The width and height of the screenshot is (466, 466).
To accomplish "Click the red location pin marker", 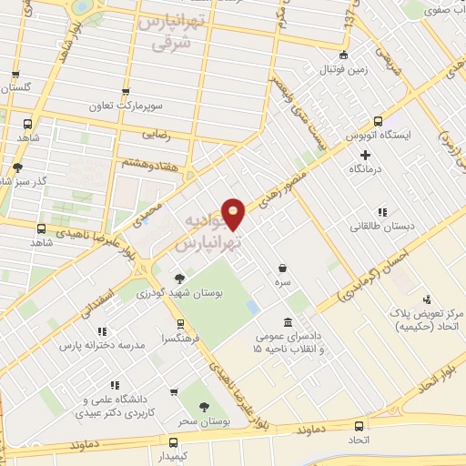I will (234, 213).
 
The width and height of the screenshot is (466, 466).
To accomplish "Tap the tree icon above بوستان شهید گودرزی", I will (178, 279).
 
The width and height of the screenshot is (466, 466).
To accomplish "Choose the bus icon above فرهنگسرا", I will (180, 322).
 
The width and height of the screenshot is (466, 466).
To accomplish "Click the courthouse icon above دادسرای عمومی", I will (288, 322).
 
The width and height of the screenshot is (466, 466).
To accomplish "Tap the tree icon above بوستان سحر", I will (204, 407).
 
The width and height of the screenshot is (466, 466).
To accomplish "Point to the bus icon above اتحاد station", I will (360, 426).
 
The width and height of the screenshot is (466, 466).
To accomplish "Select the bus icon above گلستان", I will (15, 75).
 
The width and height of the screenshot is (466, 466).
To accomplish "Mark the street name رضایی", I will (155, 134).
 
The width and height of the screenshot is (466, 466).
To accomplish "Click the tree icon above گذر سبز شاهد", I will (17, 167).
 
